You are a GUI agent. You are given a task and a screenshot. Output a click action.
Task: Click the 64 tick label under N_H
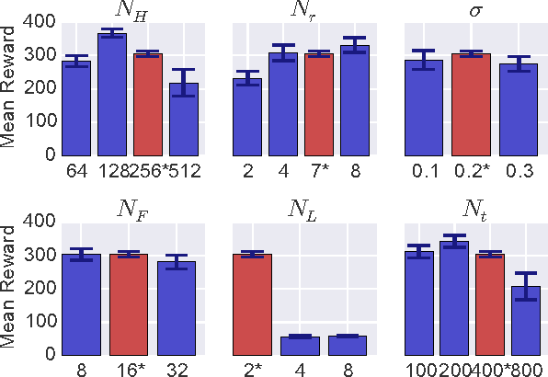point(75,170)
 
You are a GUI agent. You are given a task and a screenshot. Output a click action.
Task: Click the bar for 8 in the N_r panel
point(354,100)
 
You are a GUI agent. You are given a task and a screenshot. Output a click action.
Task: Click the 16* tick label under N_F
point(130,370)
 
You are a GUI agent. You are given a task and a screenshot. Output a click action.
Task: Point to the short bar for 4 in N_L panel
point(301,346)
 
